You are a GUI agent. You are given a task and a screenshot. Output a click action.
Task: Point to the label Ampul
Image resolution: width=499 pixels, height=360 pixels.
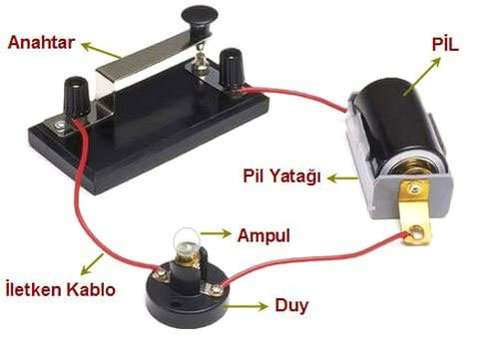click(x=262, y=236)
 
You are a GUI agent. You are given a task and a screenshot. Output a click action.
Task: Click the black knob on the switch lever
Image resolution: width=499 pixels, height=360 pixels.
click(x=191, y=15)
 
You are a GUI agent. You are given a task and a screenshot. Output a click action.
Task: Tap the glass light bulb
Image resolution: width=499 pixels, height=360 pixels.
click(x=185, y=242)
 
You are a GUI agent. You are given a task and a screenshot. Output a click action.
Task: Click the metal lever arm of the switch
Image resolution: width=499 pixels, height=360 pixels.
click(x=150, y=60)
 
